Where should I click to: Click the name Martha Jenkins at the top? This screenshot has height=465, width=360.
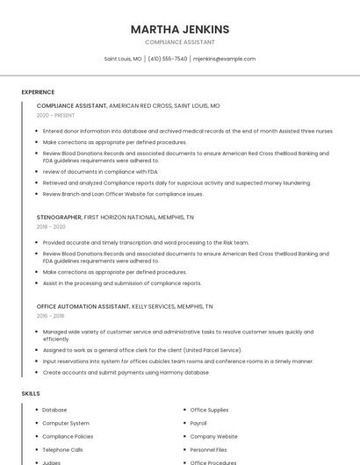(x=179, y=29)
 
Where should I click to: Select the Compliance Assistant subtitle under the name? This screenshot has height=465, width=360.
(x=179, y=42)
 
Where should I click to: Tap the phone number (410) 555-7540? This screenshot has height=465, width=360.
(x=168, y=59)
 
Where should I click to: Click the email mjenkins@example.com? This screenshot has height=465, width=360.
(x=224, y=59)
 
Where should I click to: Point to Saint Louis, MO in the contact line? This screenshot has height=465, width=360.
(x=123, y=59)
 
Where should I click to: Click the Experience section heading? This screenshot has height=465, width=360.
(x=38, y=92)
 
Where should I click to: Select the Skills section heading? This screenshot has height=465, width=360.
(x=31, y=394)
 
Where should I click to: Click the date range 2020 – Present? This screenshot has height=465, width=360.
(x=55, y=115)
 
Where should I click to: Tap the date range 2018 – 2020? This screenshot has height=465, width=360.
(x=51, y=226)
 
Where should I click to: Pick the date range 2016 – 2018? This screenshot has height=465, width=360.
(x=50, y=316)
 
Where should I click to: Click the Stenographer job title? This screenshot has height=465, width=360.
(x=59, y=217)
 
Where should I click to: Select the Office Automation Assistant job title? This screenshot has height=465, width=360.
(x=83, y=306)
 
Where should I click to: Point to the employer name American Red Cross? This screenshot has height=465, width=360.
(x=140, y=105)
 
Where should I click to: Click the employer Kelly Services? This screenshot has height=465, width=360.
(x=154, y=306)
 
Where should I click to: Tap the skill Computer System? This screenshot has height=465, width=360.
(x=66, y=423)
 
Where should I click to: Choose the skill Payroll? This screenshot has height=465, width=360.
(x=198, y=423)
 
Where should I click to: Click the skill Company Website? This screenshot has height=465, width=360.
(x=213, y=436)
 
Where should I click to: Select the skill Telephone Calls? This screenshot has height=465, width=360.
(x=62, y=449)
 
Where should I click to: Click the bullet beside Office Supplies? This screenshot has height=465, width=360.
(x=184, y=410)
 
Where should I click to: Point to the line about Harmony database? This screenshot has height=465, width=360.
(x=126, y=372)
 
